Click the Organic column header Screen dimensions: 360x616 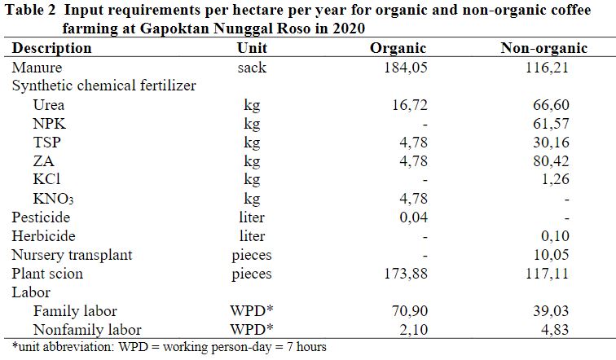click(x=398, y=48)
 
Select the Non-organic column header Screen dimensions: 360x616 click(x=543, y=48)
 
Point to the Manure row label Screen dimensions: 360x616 click(x=37, y=67)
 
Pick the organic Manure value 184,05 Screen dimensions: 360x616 click(x=405, y=67)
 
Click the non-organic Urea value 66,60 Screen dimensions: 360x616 click(x=550, y=104)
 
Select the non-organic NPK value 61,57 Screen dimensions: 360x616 click(x=550, y=123)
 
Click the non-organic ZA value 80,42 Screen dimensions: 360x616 click(x=550, y=160)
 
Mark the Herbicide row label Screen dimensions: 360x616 click(x=44, y=236)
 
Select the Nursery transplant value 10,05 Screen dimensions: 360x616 click(x=550, y=255)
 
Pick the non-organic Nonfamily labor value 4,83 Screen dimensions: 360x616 click(x=554, y=330)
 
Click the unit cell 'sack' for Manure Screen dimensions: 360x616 click(x=252, y=67)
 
